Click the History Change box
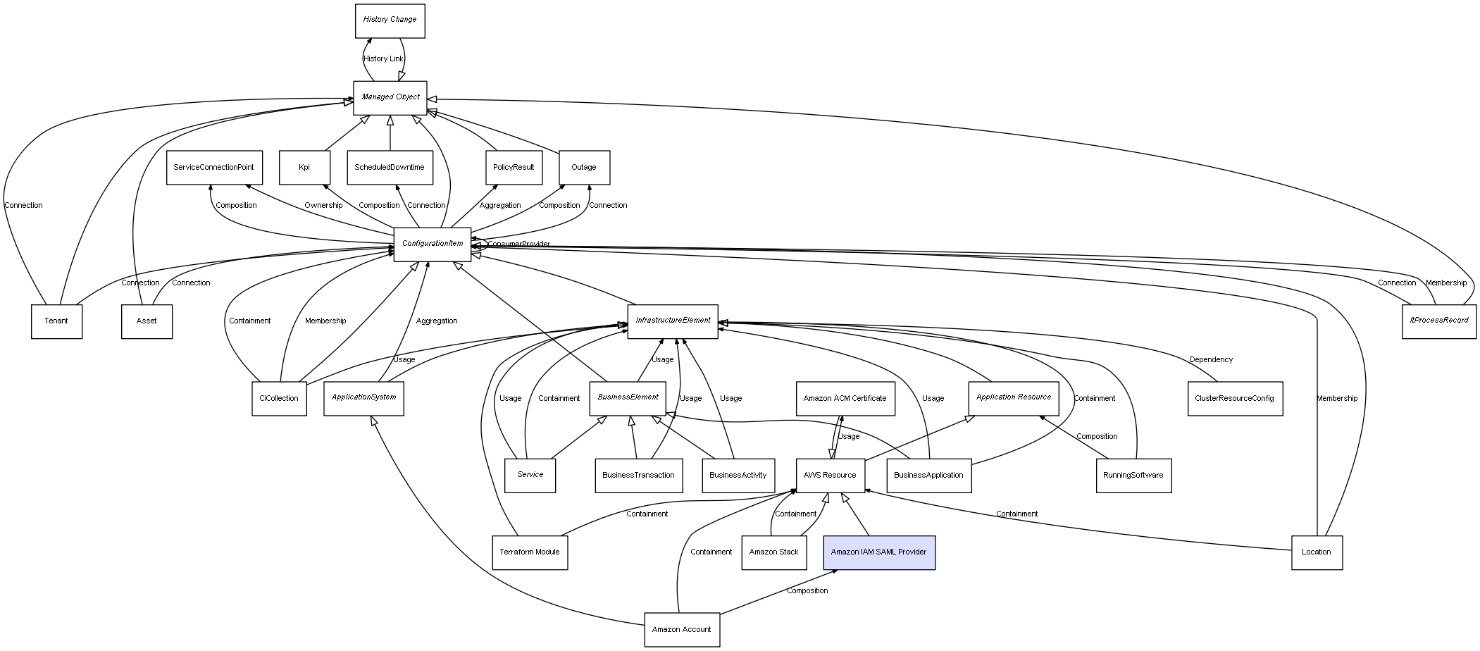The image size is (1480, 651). (390, 20)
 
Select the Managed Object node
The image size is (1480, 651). (390, 97)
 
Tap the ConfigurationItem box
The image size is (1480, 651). (433, 244)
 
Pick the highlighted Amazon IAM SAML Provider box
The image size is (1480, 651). (879, 552)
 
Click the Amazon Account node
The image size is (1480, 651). (682, 630)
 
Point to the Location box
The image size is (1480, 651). (1317, 552)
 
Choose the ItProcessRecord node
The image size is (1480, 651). (1438, 321)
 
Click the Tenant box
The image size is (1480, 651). (56, 321)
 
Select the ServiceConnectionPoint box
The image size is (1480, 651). (214, 168)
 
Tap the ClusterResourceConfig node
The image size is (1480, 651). (1234, 399)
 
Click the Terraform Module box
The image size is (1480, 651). (530, 552)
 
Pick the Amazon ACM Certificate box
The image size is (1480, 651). (845, 399)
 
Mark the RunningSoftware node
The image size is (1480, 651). (1133, 476)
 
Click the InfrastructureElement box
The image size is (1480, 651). (673, 321)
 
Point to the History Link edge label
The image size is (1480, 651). (383, 59)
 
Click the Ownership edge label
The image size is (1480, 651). (323, 206)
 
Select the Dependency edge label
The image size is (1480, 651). (1211, 360)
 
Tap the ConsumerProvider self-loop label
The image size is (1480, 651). (518, 244)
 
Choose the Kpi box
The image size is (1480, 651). (304, 168)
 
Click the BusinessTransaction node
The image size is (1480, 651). (638, 476)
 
